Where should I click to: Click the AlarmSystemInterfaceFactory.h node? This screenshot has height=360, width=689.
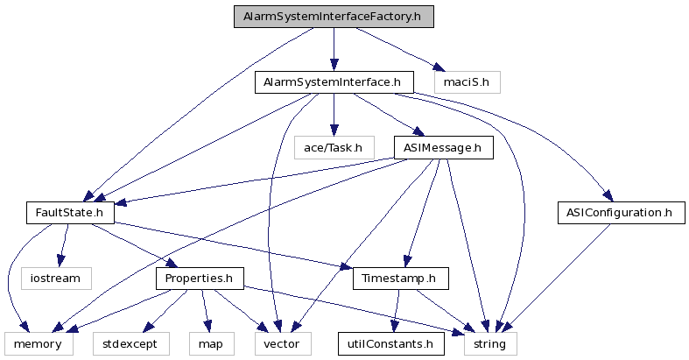click(334, 18)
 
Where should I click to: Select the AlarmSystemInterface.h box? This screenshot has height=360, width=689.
click(334, 83)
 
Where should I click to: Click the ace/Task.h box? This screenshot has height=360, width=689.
click(334, 147)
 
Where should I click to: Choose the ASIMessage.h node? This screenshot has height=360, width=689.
click(443, 147)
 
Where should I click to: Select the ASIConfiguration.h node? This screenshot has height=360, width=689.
click(620, 212)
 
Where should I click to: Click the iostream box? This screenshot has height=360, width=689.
click(56, 279)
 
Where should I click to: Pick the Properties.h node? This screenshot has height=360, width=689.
click(200, 279)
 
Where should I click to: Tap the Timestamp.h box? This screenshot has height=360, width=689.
click(401, 279)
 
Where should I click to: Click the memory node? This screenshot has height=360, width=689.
click(37, 343)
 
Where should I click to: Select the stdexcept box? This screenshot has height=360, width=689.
click(124, 343)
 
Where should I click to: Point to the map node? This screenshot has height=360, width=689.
click(209, 343)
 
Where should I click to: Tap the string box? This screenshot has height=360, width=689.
click(490, 343)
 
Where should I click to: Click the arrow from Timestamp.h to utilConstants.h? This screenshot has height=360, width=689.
click(397, 311)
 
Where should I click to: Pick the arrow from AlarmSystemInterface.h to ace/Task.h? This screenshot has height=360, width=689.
click(334, 115)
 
